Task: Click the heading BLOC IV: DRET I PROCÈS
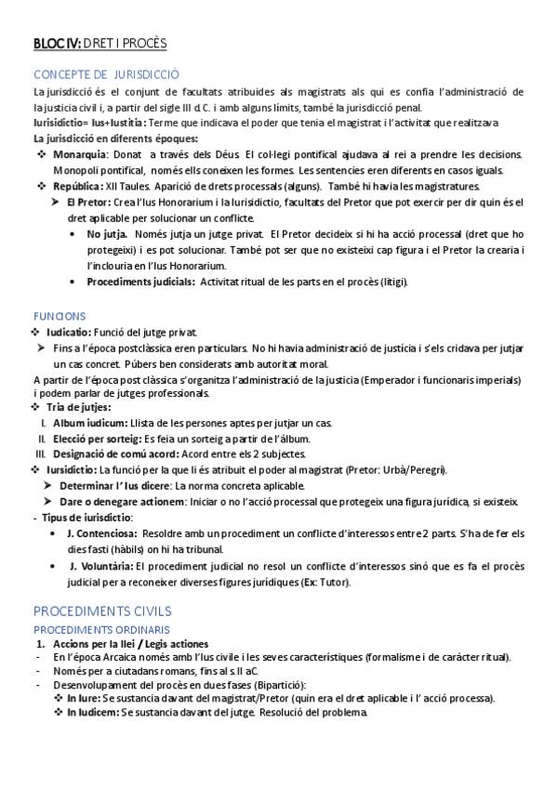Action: tap(99, 43)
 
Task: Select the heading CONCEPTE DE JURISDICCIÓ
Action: tap(106, 74)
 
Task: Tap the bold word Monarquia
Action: tap(80, 153)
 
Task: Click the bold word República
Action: tap(77, 186)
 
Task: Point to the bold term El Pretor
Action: tap(90, 202)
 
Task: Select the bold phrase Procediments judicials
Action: tap(140, 282)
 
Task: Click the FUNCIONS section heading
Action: tap(59, 316)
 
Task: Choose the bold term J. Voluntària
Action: tap(99, 565)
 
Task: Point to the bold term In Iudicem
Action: tap(91, 713)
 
